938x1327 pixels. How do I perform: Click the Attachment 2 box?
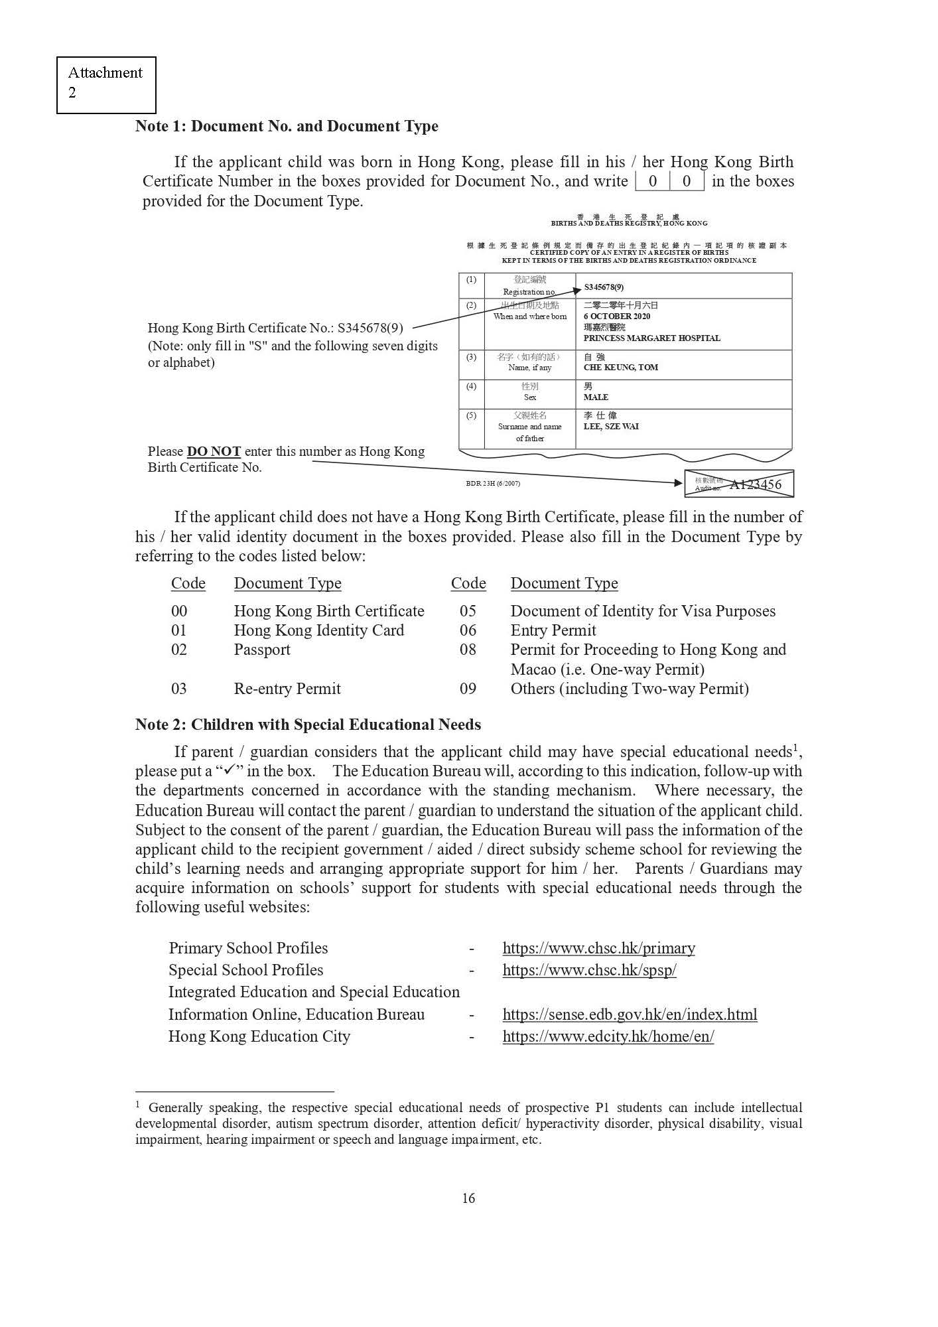(106, 84)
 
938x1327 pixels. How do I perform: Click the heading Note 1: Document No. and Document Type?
(287, 126)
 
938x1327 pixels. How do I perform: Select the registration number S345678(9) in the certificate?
(604, 287)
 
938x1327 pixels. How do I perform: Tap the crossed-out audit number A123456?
(755, 484)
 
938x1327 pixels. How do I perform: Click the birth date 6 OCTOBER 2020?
(617, 316)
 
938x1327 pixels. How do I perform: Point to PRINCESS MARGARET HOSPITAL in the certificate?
(651, 338)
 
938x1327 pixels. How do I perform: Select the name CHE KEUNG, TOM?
(620, 368)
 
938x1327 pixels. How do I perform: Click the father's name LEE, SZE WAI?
(611, 427)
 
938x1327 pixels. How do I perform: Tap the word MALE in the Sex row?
(596, 397)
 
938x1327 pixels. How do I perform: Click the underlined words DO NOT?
(214, 452)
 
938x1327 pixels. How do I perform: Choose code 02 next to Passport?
(179, 650)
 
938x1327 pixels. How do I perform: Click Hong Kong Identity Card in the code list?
(318, 630)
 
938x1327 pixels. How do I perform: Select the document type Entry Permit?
(553, 630)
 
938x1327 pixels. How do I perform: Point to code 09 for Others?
(468, 689)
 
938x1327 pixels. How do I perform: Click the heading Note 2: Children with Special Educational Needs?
(308, 725)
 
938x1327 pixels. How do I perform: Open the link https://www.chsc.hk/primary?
(598, 948)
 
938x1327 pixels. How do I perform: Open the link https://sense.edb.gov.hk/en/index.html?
(630, 1014)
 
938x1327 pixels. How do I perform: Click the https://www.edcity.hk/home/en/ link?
(608, 1036)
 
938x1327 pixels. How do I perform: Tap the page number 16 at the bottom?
(468, 1198)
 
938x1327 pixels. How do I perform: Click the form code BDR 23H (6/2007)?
(493, 484)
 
